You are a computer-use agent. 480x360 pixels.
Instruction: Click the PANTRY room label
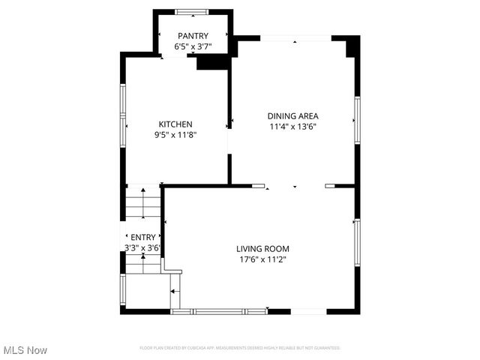(193, 36)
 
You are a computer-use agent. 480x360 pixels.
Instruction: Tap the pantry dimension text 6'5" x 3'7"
(193, 46)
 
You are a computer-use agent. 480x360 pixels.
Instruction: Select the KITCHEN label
(175, 124)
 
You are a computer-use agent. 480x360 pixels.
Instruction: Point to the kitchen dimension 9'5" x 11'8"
(175, 135)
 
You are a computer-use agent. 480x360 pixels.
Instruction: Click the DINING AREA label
(293, 116)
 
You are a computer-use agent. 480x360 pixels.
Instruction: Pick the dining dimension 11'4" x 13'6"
(293, 127)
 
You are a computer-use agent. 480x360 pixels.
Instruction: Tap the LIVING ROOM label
(262, 249)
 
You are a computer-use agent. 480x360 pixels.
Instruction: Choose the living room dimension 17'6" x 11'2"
(262, 259)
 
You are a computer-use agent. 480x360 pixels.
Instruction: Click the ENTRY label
(142, 238)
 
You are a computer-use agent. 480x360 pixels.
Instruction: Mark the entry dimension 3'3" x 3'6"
(142, 247)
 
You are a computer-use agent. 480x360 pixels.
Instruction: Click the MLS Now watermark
(25, 350)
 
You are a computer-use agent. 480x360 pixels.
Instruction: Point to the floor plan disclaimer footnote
(240, 348)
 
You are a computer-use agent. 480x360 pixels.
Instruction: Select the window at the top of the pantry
(193, 11)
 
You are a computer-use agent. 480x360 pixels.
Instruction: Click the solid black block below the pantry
(211, 64)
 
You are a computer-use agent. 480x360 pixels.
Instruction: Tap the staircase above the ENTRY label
(142, 202)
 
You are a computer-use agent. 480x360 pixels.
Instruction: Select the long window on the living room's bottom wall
(218, 310)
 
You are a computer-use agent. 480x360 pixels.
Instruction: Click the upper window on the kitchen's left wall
(124, 103)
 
